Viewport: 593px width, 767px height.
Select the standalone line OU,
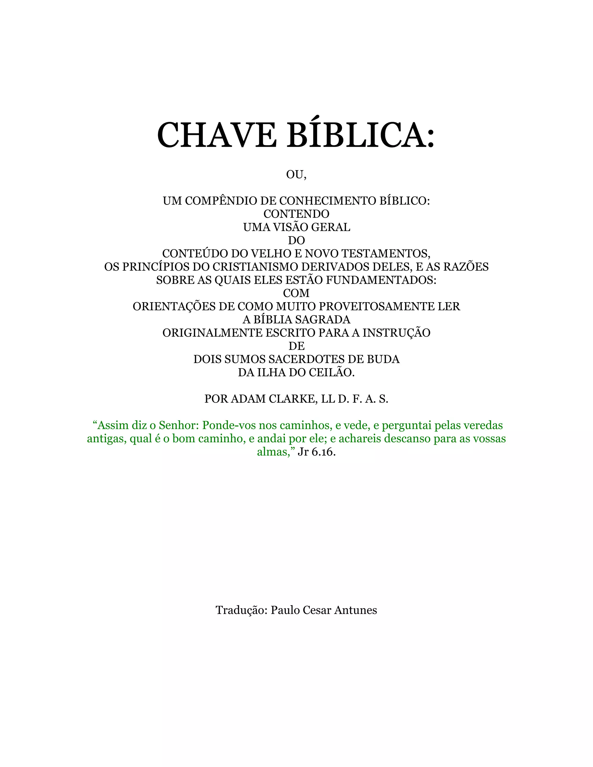coord(296,175)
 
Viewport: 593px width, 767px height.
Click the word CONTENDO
coord(296,214)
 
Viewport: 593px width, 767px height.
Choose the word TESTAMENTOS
coord(386,254)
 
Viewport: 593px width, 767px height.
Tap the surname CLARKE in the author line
coord(293,399)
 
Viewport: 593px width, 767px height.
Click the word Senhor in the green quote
coord(179,425)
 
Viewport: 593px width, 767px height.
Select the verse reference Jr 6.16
coord(316,452)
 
